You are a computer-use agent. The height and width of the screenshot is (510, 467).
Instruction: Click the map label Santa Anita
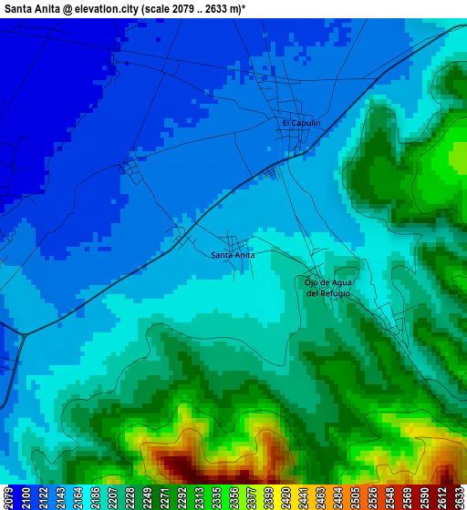[233, 255]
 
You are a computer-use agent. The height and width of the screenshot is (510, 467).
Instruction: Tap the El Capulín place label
[301, 123]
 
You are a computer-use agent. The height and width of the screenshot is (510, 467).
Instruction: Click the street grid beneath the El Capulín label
[299, 141]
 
